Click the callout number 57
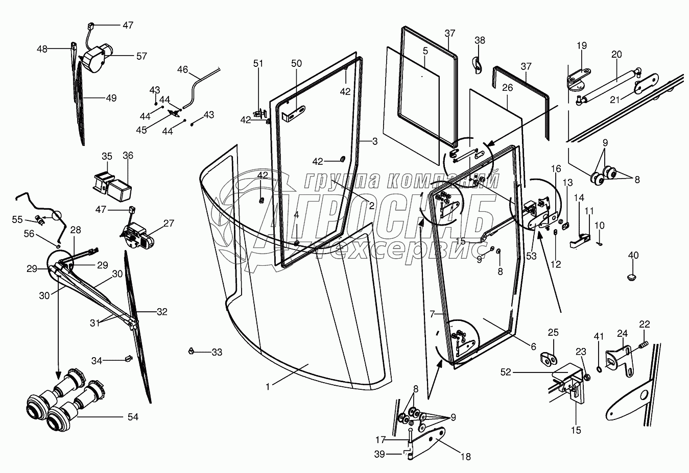[x=141, y=56]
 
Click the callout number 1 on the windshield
[x=267, y=387]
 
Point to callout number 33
[x=217, y=352]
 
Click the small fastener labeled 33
[x=191, y=351]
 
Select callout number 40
[x=633, y=255]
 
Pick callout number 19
[x=582, y=45]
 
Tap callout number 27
[x=169, y=223]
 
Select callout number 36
[x=127, y=156]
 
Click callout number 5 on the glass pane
[x=424, y=51]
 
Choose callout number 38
[x=480, y=40]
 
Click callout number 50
[x=296, y=64]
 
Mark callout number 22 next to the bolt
[x=645, y=323]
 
